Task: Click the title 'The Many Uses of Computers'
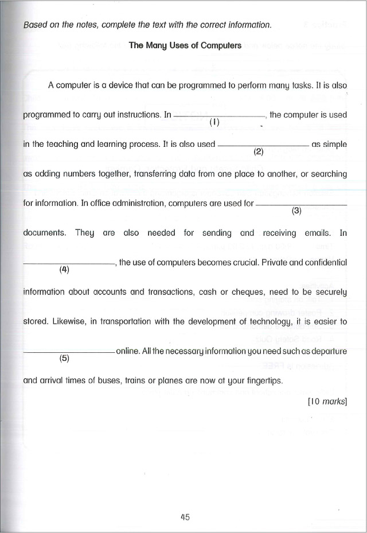(185, 45)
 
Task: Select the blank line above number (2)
(264, 146)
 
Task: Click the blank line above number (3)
(302, 204)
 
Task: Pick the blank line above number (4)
(68, 264)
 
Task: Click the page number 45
(185, 516)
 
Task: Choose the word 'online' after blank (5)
(128, 351)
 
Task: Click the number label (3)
(296, 210)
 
